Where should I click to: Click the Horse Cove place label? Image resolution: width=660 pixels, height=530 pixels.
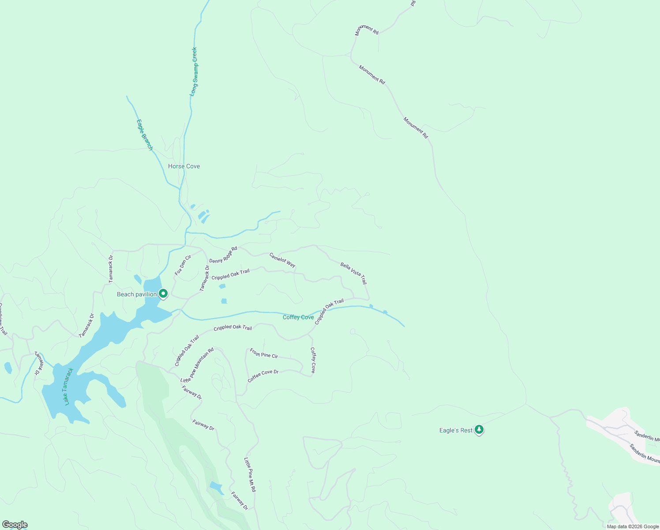(184, 166)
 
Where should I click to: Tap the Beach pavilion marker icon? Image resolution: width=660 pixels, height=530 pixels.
(163, 294)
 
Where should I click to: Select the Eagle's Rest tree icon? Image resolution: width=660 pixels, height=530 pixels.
(479, 430)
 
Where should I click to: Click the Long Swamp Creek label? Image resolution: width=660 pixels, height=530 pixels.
(194, 72)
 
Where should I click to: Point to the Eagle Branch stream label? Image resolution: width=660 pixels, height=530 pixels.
(144, 135)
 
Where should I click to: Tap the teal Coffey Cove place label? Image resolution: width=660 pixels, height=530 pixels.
(298, 317)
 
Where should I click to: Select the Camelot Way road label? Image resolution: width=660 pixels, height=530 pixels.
(282, 260)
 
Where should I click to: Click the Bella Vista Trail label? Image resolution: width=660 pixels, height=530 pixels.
(353, 273)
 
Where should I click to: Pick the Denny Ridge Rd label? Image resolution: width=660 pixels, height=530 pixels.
(223, 255)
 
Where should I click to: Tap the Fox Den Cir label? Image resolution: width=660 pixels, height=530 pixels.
(183, 265)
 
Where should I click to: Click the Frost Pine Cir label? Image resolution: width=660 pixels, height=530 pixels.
(264, 353)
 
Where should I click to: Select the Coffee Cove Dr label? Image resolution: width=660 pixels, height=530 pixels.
(263, 376)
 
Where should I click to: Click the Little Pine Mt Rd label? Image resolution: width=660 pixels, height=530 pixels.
(250, 475)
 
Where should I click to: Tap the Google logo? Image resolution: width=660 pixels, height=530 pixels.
(15, 525)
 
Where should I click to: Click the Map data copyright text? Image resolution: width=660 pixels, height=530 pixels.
(632, 526)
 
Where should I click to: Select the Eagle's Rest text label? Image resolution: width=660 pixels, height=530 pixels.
(456, 430)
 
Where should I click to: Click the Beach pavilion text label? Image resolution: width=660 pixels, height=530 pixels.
(137, 294)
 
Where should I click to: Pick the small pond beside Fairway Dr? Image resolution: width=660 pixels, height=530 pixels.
(216, 488)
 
